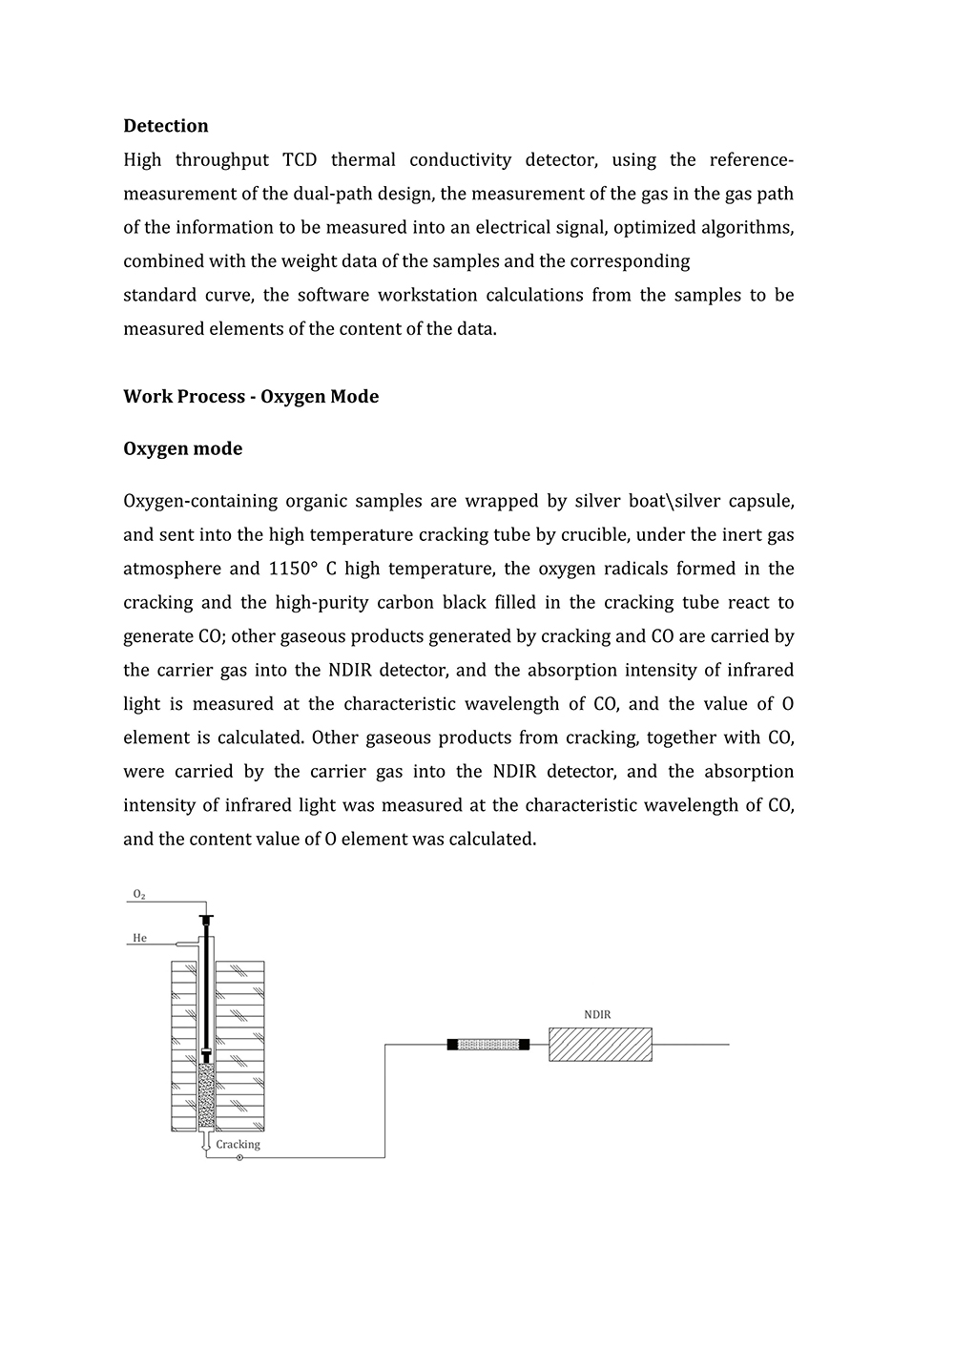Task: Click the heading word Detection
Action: pos(165,126)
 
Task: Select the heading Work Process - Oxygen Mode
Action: pos(251,397)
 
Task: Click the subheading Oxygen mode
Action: pos(182,448)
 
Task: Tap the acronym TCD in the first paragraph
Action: pos(300,160)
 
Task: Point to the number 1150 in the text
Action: pos(289,569)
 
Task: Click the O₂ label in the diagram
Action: pos(139,894)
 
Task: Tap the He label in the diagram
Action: pos(139,938)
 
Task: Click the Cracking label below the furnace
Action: pos(238,1144)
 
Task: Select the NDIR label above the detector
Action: pos(597,1015)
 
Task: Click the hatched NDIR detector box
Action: pos(600,1045)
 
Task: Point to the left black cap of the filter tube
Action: pos(452,1045)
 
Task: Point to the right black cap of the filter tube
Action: pos(524,1045)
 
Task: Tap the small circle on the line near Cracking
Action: pos(239,1158)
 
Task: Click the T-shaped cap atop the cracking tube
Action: pos(205,919)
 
